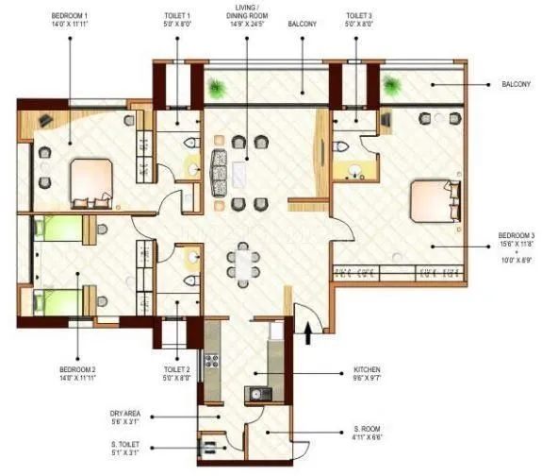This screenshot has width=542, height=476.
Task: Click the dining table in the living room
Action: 245,264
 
